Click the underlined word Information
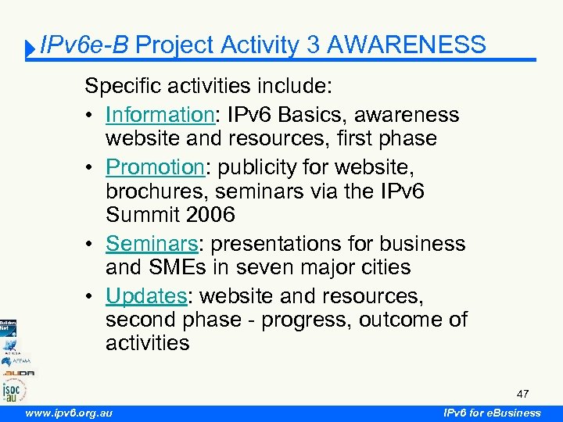[x=160, y=115]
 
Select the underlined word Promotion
[x=155, y=166]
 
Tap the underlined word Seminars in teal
[x=153, y=243]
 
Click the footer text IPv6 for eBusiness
[x=492, y=413]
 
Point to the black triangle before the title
[x=30, y=49]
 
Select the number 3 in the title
[x=313, y=45]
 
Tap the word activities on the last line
[x=148, y=344]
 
